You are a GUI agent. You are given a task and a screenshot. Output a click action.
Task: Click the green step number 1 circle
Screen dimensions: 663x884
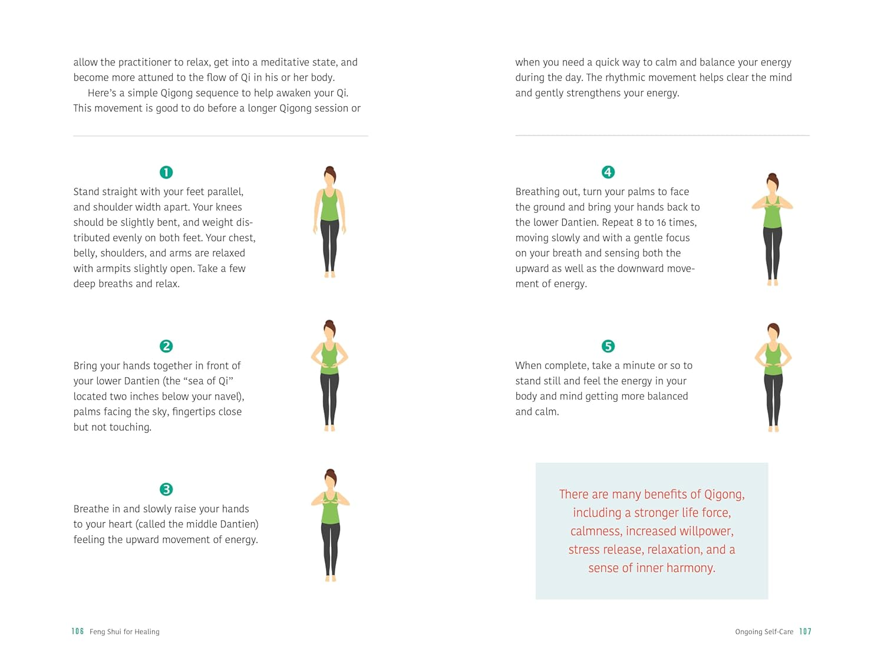166,172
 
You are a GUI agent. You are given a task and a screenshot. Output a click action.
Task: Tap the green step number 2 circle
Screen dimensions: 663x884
166,346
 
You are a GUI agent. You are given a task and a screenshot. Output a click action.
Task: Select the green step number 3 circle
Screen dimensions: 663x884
166,489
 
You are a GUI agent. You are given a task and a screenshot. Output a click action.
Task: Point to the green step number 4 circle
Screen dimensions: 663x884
608,172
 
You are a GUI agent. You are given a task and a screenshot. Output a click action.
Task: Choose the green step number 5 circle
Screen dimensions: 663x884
608,346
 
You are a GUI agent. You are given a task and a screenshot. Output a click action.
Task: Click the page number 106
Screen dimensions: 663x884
78,631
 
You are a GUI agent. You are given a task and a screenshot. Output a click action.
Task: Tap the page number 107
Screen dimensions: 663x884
805,631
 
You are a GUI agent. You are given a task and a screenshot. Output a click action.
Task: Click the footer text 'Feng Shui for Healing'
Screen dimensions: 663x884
124,632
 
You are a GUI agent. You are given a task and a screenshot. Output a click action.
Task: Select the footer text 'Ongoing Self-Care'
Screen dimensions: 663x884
764,632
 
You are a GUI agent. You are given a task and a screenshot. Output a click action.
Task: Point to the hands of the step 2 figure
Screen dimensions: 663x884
329,365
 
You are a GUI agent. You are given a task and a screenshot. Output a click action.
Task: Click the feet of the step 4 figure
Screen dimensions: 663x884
773,283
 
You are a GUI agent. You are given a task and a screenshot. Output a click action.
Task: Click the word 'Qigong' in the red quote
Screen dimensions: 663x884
724,494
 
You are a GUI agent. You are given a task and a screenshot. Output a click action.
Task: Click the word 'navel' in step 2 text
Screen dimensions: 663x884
227,396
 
